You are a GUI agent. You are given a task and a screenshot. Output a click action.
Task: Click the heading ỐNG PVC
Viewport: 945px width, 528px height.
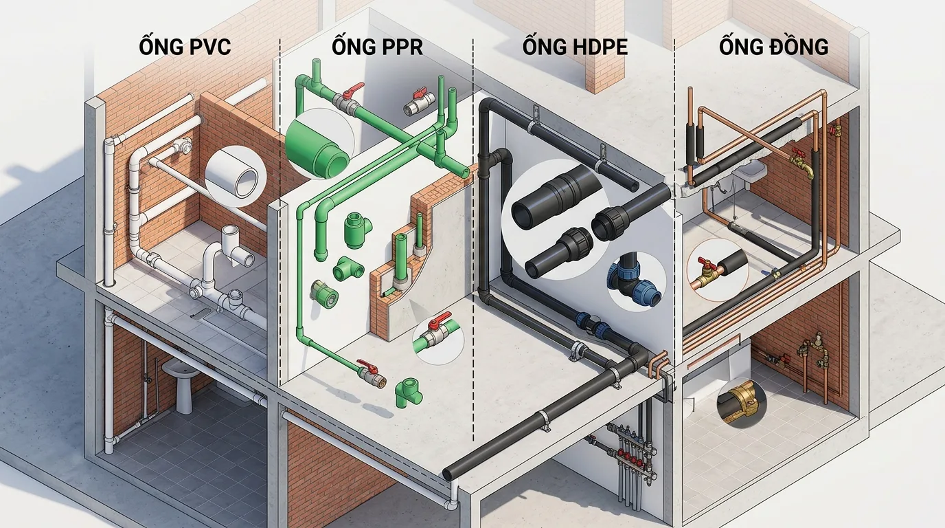click(184, 47)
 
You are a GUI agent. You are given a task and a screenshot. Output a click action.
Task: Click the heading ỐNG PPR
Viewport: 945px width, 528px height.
click(376, 47)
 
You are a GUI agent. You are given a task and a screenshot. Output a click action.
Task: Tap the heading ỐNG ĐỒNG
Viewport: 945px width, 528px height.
click(773, 47)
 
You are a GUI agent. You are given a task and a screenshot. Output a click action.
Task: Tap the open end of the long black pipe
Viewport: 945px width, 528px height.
click(448, 474)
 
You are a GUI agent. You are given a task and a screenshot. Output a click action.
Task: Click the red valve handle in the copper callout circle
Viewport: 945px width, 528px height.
click(703, 264)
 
